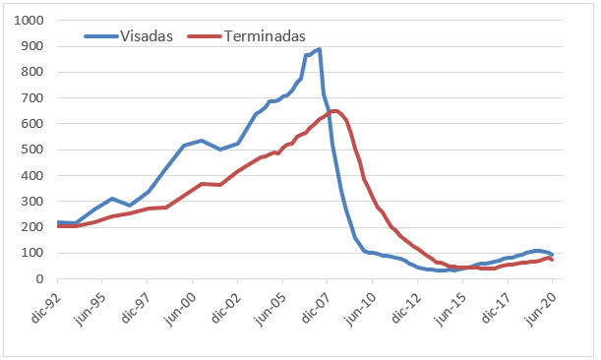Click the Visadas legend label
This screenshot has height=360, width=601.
(146, 36)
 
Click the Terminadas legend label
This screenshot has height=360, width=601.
(263, 36)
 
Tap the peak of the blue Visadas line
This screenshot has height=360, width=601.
(320, 49)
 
